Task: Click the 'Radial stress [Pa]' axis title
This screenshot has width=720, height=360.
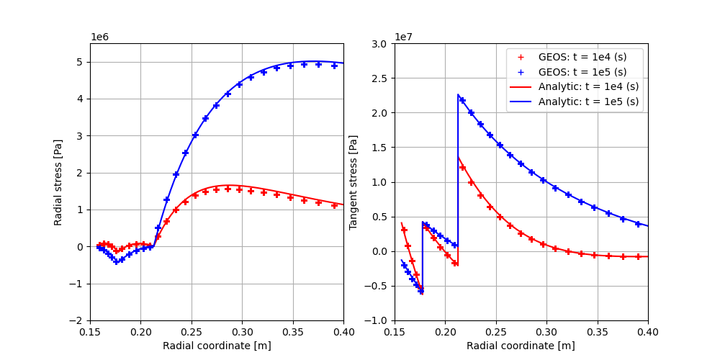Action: click(58, 182)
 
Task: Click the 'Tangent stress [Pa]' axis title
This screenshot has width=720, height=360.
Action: click(354, 182)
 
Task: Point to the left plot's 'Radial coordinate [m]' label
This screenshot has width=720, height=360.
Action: click(217, 346)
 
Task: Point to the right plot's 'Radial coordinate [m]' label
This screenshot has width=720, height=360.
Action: click(521, 346)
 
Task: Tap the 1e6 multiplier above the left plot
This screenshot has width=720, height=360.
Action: click(100, 37)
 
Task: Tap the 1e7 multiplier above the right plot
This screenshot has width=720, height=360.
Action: click(404, 37)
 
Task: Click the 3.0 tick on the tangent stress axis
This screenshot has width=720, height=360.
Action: click(379, 44)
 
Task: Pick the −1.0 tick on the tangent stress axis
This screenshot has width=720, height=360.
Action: click(377, 321)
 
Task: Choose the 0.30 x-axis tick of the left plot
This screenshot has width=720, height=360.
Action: click(242, 332)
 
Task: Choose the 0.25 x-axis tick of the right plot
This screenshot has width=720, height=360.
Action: click(495, 332)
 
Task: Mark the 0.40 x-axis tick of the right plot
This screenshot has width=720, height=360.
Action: click(648, 332)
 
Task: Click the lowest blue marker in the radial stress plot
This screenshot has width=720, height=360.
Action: click(116, 262)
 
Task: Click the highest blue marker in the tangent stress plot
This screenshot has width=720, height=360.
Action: click(462, 100)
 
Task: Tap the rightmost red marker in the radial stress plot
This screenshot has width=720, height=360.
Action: click(334, 205)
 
